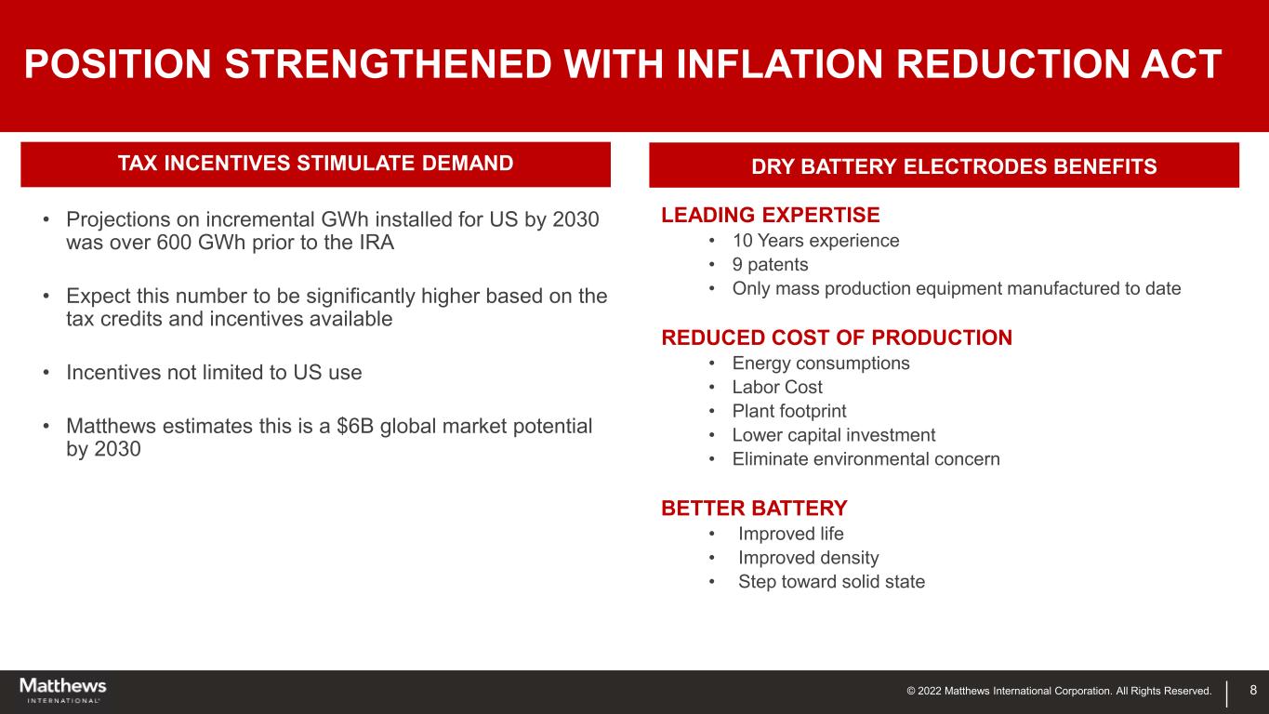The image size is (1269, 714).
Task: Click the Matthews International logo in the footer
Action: [63, 690]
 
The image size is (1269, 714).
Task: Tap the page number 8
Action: [1253, 690]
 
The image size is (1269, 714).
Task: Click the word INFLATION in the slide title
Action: [779, 63]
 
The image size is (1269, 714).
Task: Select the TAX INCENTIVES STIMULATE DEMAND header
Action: [315, 164]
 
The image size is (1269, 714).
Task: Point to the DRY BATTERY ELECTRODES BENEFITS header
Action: [954, 166]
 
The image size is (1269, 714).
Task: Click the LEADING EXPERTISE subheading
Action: [771, 216]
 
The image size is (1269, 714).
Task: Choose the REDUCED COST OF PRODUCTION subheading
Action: [837, 337]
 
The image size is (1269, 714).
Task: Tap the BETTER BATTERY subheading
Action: [754, 509]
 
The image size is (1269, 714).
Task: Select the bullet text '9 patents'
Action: [770, 265]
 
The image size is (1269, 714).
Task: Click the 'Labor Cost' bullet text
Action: [776, 387]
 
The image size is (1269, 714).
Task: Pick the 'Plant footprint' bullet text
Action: [788, 411]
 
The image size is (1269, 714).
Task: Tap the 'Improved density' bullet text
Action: [809, 558]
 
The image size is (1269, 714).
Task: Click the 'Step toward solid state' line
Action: [831, 581]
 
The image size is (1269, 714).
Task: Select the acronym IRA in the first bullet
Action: [377, 243]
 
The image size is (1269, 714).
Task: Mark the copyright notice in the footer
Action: [1059, 691]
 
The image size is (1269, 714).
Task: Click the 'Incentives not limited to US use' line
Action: [214, 372]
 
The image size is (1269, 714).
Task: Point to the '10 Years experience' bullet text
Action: [815, 241]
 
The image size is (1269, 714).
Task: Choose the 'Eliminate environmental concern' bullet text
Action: [866, 459]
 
